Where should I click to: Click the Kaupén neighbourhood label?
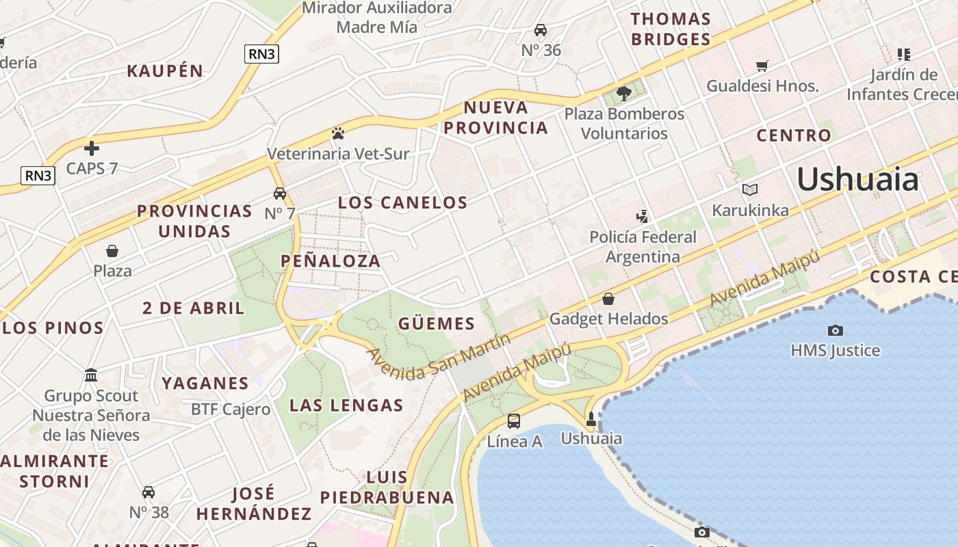(x=165, y=70)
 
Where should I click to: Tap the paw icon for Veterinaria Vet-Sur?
(x=337, y=133)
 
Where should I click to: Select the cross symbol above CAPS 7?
(x=92, y=148)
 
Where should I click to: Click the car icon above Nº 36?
(x=541, y=30)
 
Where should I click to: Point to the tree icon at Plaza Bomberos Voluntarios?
(x=623, y=93)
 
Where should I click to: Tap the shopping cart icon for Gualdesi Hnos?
(x=762, y=66)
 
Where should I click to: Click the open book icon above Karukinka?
(x=750, y=189)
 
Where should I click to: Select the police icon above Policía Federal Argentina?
(x=642, y=217)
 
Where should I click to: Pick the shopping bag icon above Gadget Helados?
(x=608, y=299)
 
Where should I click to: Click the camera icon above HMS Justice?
(x=835, y=331)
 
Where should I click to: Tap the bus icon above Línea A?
(x=514, y=421)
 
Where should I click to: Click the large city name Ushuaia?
(x=857, y=179)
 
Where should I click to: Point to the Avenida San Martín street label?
(x=439, y=356)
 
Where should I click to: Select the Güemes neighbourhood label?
(x=436, y=323)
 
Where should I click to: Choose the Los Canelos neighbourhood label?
(x=402, y=202)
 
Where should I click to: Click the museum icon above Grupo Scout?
(x=91, y=375)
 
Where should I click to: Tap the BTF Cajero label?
(x=230, y=410)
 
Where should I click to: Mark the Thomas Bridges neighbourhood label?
(x=671, y=29)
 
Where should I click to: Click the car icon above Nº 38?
(x=148, y=492)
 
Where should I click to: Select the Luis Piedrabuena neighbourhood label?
(x=387, y=488)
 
